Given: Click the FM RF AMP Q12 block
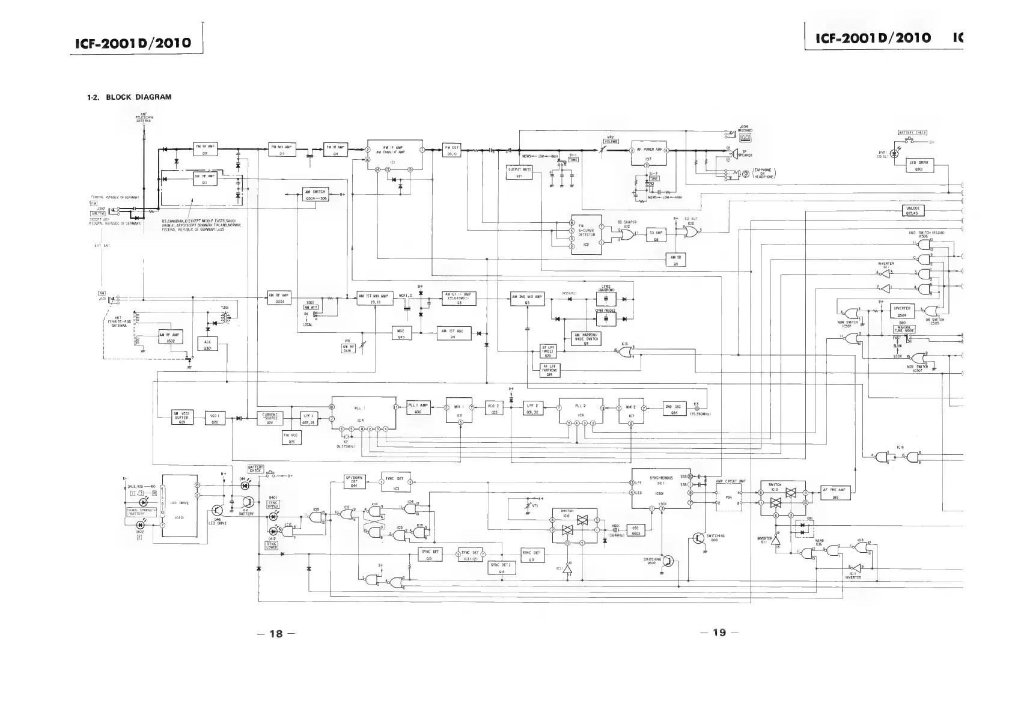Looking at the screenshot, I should coord(205,149).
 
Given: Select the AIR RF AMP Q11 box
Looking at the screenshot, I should coord(205,179).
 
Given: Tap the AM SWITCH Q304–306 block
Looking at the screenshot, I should coord(315,194).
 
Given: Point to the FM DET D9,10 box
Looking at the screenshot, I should coord(451,149).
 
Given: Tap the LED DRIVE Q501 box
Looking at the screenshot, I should coord(918,165).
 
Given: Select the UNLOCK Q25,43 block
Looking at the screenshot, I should coord(912,210).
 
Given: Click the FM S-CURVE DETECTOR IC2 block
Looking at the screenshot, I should coord(587,234).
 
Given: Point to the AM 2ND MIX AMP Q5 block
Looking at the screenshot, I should coord(526,299).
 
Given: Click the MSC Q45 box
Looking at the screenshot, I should coord(401,333).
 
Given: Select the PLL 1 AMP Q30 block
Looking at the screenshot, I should coord(418,407).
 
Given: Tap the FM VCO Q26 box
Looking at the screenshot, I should coord(291,438).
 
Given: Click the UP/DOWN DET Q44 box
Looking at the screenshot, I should coord(354,481).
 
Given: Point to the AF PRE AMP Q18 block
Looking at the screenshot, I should coord(835,493).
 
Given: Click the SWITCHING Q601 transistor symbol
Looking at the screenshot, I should coord(699,538).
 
